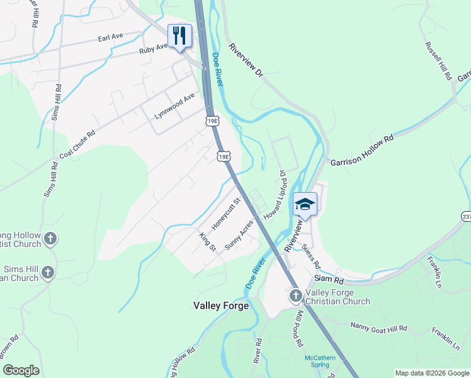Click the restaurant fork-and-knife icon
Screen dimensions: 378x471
(x=179, y=35)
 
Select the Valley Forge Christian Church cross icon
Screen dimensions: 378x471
(x=296, y=295)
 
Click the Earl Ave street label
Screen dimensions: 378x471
(x=110, y=38)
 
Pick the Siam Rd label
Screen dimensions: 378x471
(x=329, y=279)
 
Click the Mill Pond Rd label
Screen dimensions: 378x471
(x=296, y=330)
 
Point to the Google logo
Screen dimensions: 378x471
(x=21, y=370)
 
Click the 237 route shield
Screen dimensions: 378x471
(x=466, y=215)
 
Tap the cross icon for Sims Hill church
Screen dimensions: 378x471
(x=48, y=272)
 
